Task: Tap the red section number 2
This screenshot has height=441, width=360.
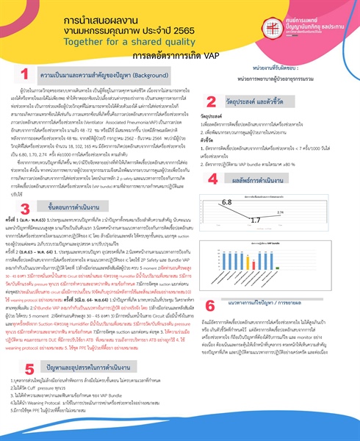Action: (211, 102)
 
